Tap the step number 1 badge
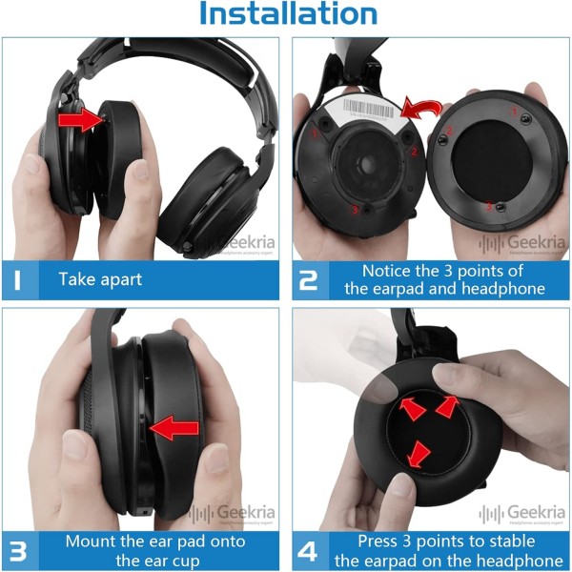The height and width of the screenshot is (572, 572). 20,280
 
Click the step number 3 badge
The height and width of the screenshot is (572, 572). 20,550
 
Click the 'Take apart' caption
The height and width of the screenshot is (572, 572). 100,280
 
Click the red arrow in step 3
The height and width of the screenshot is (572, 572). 175,428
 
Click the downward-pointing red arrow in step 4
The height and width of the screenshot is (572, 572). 418,452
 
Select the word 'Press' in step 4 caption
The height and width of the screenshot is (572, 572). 378,541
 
